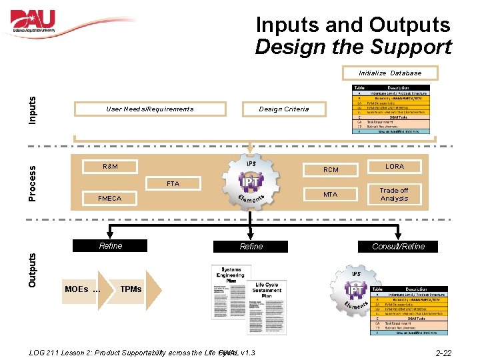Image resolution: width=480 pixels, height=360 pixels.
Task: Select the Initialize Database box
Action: coord(390,73)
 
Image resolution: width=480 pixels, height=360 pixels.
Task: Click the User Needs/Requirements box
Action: coord(150,109)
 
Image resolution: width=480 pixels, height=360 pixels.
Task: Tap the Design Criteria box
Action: coord(283,109)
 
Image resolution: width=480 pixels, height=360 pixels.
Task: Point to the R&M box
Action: coord(110,166)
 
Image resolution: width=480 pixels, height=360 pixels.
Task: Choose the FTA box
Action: coord(173,183)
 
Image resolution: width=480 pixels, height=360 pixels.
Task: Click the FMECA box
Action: coord(109,198)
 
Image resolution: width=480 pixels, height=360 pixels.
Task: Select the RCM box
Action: coord(331,169)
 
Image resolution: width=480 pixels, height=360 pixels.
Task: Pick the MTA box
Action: coord(331,195)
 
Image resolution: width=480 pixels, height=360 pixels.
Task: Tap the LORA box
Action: coord(394,166)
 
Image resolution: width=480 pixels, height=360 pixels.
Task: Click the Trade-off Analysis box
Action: coord(394,194)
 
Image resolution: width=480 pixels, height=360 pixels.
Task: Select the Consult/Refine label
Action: coord(399,246)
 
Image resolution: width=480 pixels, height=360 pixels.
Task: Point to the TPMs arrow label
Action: coord(131,289)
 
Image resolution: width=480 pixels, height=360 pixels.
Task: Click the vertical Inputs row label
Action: coord(33,109)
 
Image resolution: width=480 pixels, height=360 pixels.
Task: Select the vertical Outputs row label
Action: coord(33,269)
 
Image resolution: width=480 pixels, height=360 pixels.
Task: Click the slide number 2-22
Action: coord(443,352)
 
